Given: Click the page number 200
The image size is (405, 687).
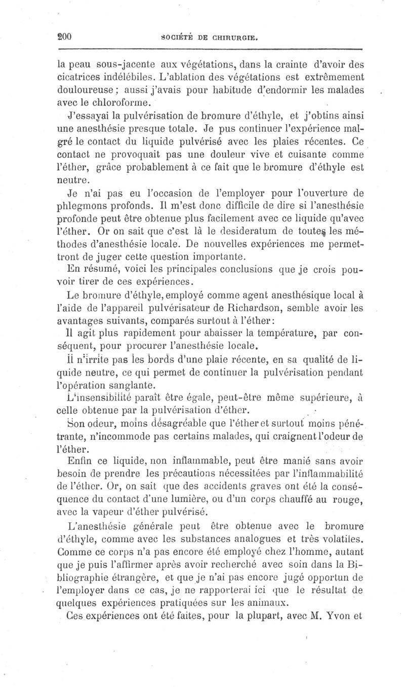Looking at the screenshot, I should coord(66,37).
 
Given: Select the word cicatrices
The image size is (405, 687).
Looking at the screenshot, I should coord(82,78).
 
